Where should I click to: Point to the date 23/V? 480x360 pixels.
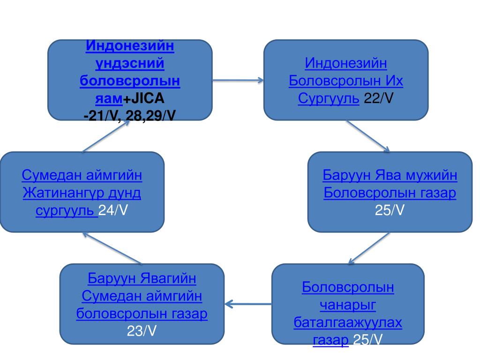pos(142,331)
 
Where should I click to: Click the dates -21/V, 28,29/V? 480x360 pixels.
pos(129,114)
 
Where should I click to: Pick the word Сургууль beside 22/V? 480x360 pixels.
pos(329,98)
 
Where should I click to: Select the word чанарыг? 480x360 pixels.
pos(348,305)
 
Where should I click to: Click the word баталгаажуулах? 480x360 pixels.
pos(348,322)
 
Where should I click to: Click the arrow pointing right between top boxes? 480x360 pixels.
pos(238,80)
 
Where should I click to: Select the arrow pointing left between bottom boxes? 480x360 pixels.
pos(248,304)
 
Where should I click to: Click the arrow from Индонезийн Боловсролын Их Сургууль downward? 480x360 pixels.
pos(368,136)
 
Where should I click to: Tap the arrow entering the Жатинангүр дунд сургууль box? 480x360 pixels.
pos(112,247)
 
